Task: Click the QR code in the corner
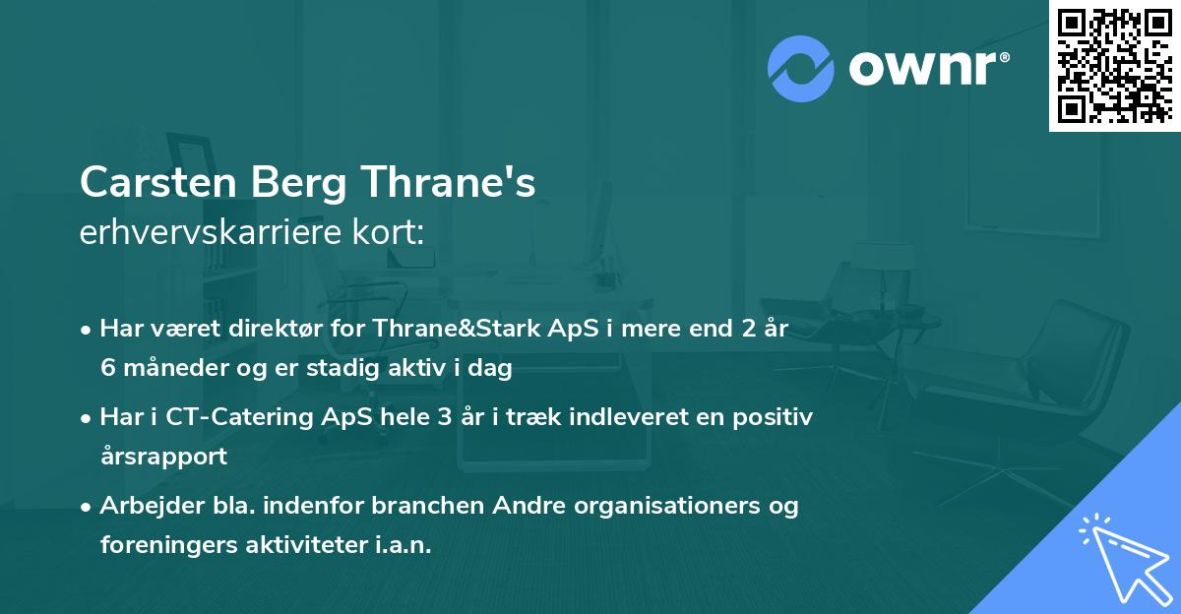(x=1115, y=65)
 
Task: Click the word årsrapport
(x=162, y=457)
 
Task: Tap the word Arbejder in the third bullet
(x=144, y=506)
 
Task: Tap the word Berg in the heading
(x=294, y=183)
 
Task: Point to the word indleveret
(x=595, y=416)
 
